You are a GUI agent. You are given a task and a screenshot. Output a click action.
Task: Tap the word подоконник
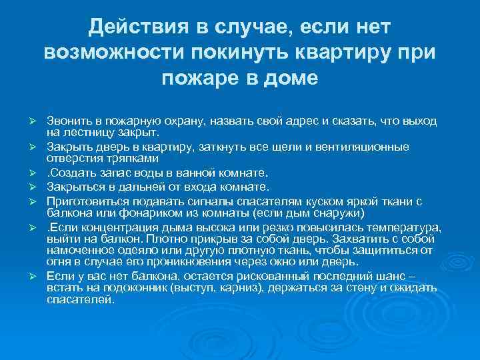(x=127, y=288)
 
